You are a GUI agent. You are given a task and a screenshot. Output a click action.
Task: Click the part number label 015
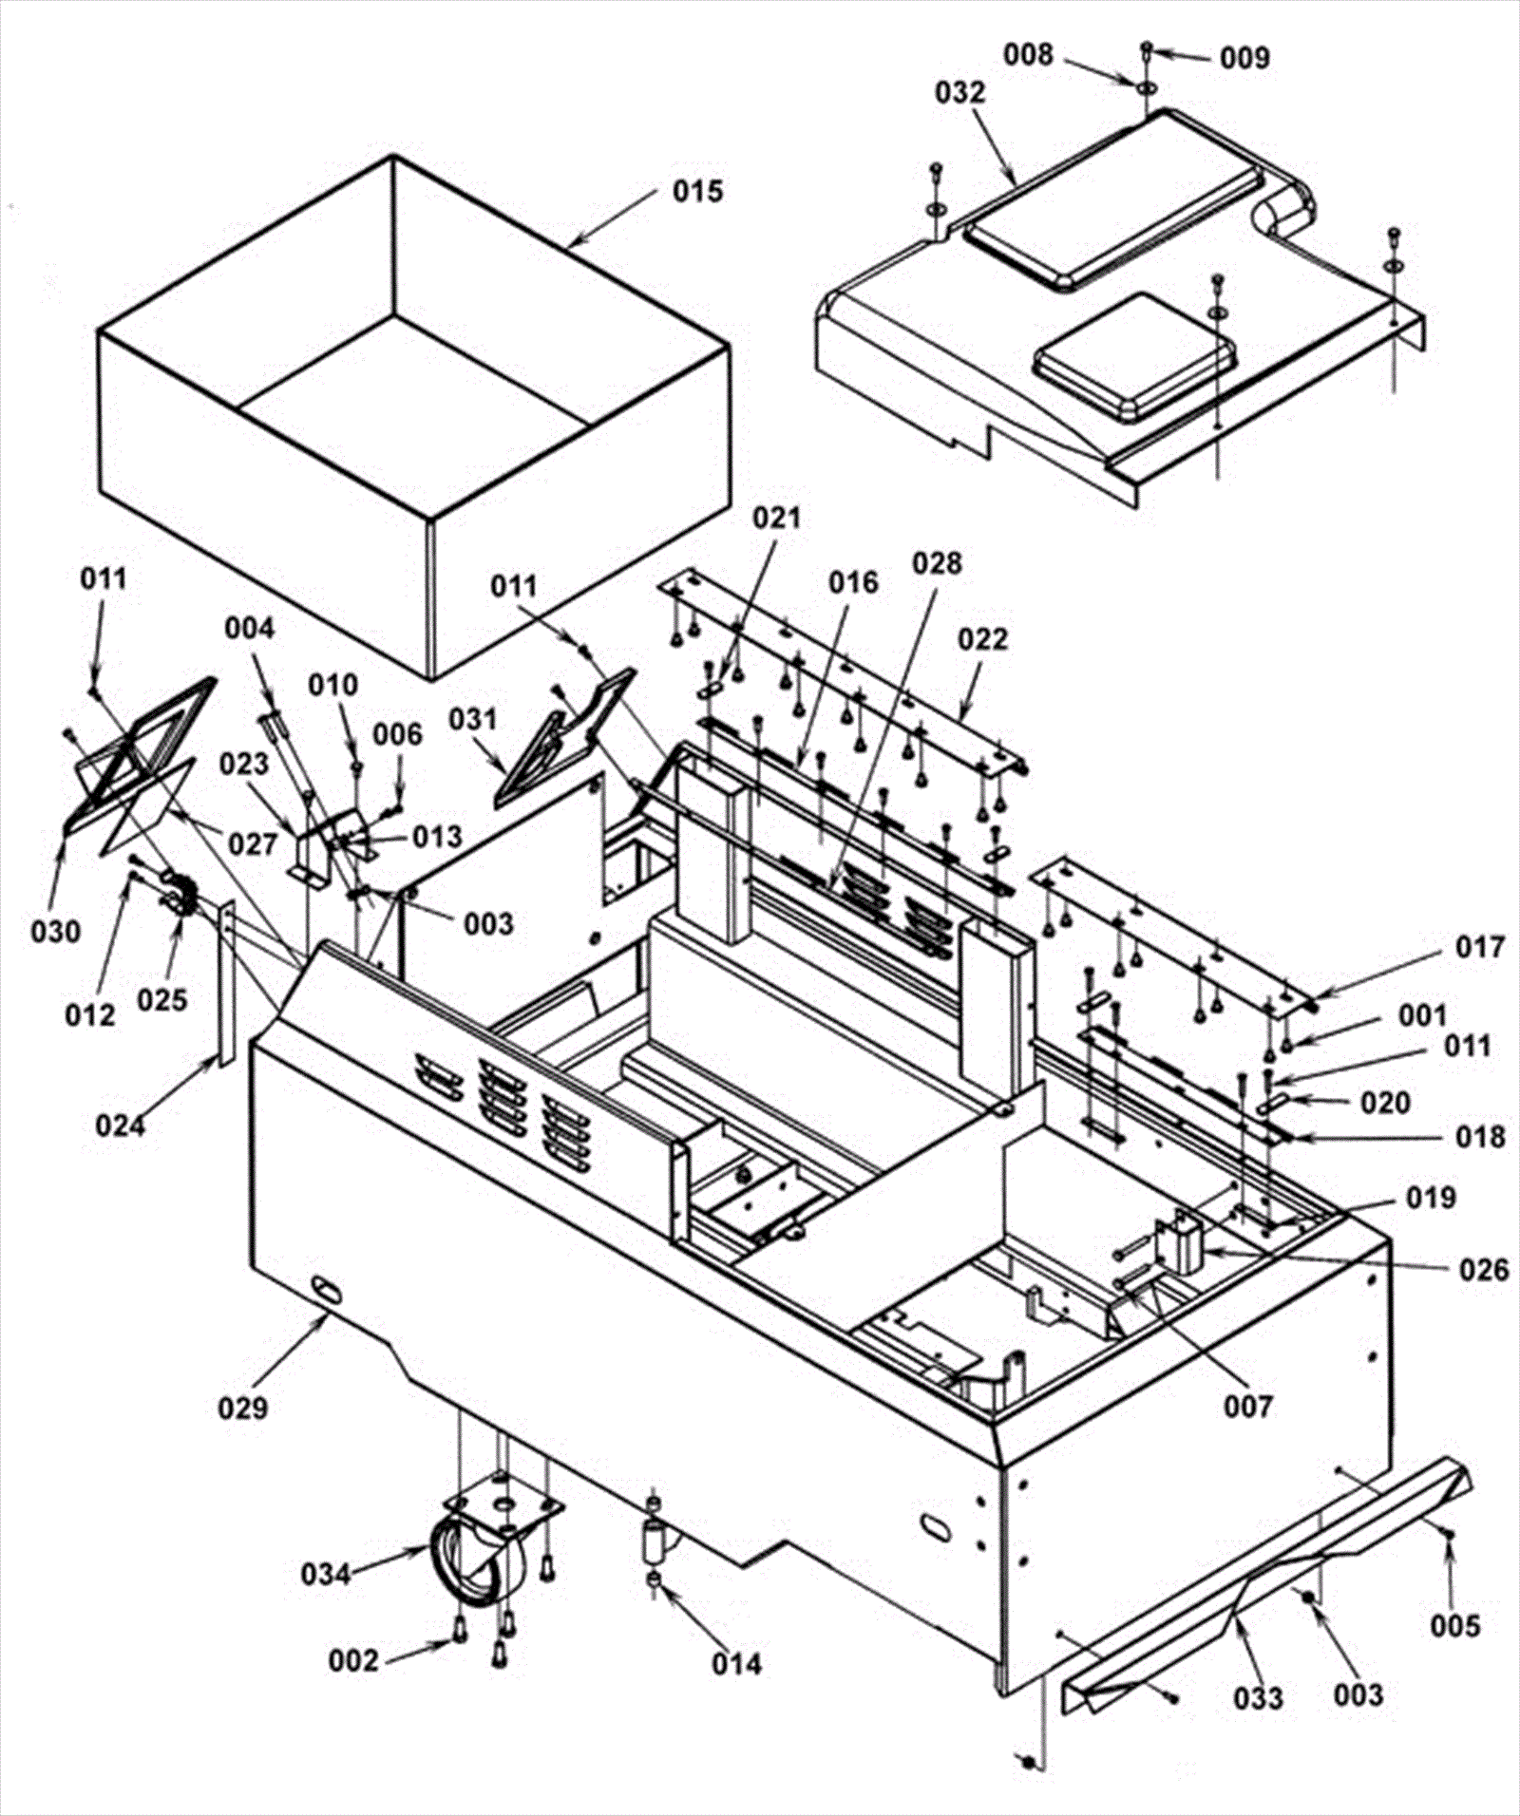[x=698, y=192]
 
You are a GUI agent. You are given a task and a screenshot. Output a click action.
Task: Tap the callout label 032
[x=960, y=93]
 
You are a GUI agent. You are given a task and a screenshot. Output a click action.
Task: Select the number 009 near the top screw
[x=1244, y=59]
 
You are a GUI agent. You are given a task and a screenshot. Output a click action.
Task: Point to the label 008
[x=1029, y=55]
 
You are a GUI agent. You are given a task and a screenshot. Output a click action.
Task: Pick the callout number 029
[x=244, y=1408]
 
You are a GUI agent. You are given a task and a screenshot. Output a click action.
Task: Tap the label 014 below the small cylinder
[x=736, y=1664]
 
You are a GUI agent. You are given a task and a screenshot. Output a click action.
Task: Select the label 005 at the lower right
[x=1455, y=1627]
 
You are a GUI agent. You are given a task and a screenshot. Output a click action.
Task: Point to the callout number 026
[x=1484, y=1270]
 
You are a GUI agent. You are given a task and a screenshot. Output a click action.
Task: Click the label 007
[x=1247, y=1406]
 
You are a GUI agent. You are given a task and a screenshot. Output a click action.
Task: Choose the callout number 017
[x=1480, y=947]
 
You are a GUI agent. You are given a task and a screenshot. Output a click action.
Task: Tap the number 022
[x=982, y=639]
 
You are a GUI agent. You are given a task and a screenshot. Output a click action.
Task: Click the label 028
[x=937, y=564]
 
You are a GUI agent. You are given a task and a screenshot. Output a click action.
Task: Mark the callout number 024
[x=121, y=1126]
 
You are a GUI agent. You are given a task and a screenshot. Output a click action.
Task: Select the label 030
[x=56, y=933]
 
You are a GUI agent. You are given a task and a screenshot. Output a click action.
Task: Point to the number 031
[x=474, y=720]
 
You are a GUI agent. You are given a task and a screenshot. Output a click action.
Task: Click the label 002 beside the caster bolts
[x=353, y=1660]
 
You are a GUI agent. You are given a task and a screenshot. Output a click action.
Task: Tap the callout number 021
[x=777, y=519]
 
